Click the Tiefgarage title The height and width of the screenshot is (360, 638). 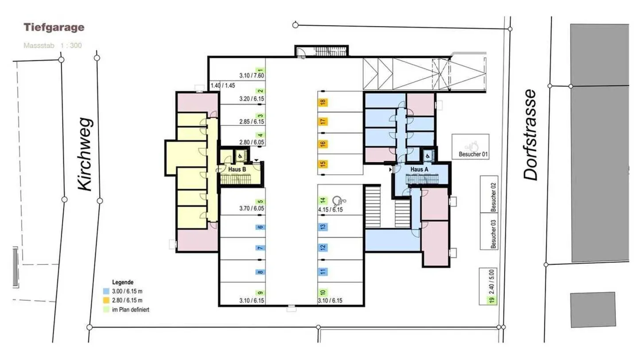pos(54,27)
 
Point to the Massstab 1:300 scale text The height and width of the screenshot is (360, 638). pos(52,45)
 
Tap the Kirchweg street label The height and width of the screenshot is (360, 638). pos(84,155)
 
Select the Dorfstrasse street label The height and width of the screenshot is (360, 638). pos(530,135)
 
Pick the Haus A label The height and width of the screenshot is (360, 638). pos(419,169)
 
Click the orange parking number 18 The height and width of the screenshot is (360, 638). pos(323,103)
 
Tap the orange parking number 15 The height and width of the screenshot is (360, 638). pos(323,164)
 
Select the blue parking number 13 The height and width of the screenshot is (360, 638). pos(323,227)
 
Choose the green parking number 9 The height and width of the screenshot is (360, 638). pos(261,293)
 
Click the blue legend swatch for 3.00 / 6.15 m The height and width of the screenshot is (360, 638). pos(106,292)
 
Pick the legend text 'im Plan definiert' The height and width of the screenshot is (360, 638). pos(131,310)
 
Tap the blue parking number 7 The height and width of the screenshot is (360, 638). pos(261,248)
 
